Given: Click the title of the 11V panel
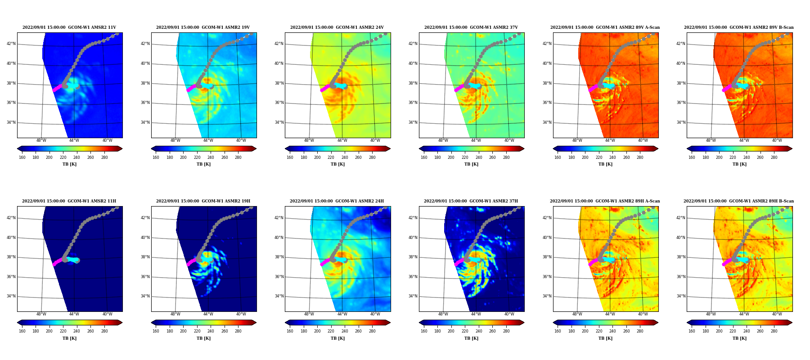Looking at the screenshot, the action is [x=69, y=27].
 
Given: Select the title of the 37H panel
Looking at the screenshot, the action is [x=471, y=201].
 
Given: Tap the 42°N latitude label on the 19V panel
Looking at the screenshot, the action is [x=145, y=44].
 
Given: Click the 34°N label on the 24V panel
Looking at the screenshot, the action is [x=279, y=122].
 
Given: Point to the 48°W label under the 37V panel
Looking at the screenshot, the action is [x=443, y=140].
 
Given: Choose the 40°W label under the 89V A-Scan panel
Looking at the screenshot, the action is [x=643, y=140].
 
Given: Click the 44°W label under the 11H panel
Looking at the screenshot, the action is [x=74, y=314].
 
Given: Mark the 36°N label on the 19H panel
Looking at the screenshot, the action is [x=145, y=277].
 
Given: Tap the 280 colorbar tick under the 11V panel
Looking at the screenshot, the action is [x=104, y=157].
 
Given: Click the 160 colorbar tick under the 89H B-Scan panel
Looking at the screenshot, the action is [x=692, y=331].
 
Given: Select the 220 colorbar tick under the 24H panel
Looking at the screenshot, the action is [x=331, y=331].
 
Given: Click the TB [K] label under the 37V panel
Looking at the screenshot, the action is [x=472, y=164].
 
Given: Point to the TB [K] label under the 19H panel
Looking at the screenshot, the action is [x=204, y=338].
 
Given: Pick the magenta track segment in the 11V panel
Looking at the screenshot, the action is [x=58, y=87].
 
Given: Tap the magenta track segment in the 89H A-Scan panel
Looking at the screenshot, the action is [x=594, y=261].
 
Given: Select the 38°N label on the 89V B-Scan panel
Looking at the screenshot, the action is [x=681, y=83].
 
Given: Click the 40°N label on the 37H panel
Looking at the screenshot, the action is [x=413, y=238].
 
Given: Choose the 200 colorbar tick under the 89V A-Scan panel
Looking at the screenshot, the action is [x=585, y=157].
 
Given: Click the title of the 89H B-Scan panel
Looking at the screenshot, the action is [x=739, y=201].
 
